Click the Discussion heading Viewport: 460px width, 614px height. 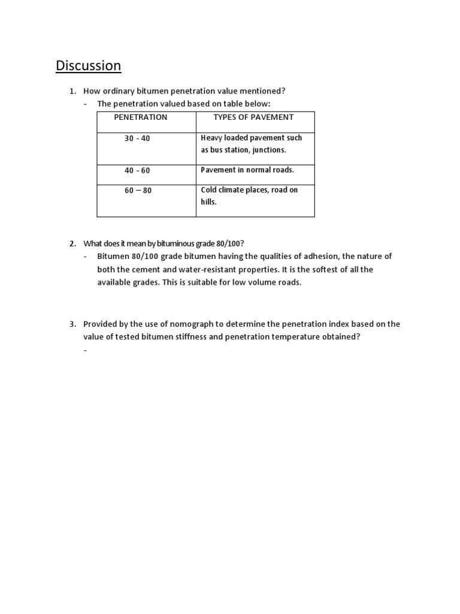(89, 65)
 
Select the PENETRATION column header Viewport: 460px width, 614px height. (141, 117)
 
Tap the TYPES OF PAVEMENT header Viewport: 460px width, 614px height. (253, 117)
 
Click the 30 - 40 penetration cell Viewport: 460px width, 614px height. (137, 139)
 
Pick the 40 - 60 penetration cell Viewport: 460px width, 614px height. (137, 171)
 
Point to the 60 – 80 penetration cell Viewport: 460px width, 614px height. (138, 191)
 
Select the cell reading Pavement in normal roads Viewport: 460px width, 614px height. (247, 170)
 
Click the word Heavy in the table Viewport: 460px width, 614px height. (211, 138)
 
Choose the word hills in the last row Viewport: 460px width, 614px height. (208, 203)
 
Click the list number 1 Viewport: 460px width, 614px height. (72, 91)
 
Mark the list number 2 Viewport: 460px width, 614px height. (72, 243)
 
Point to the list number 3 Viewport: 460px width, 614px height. (72, 324)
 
